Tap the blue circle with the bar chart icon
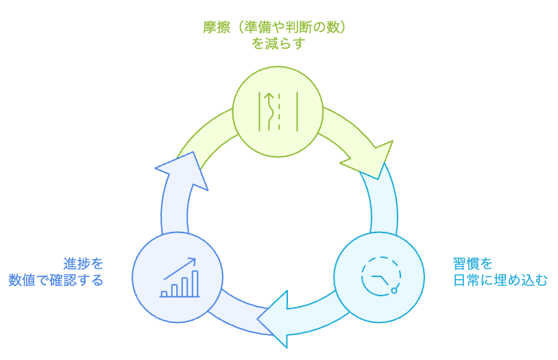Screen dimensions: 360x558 (178, 277)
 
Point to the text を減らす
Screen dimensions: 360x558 (278, 45)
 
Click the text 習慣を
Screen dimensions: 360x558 (473, 263)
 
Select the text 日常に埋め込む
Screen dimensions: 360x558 (500, 280)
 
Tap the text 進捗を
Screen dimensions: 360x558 (84, 263)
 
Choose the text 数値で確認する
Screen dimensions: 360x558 (56, 280)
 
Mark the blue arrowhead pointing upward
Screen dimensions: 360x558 (180, 171)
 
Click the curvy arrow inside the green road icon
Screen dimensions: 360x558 (270, 111)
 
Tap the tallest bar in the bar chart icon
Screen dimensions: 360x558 (195, 283)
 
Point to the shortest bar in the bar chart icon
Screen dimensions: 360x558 (165, 293)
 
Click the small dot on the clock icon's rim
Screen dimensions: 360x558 (394, 291)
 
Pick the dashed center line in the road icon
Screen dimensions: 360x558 (279, 111)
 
